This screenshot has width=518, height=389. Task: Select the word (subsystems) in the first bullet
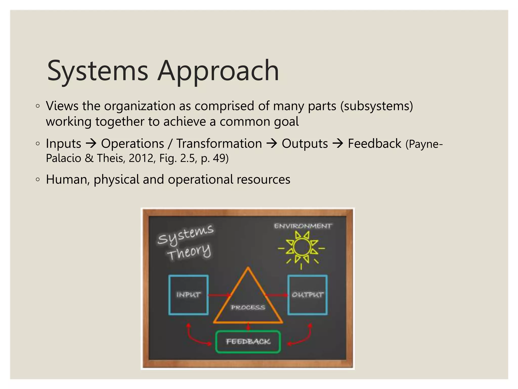click(377, 106)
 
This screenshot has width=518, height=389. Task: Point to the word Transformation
click(219, 144)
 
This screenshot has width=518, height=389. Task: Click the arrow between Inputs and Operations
click(91, 144)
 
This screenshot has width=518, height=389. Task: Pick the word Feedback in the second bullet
click(374, 144)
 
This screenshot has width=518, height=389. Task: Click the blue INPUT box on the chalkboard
click(188, 295)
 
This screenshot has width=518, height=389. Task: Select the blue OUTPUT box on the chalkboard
click(307, 295)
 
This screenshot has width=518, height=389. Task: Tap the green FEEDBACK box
click(248, 342)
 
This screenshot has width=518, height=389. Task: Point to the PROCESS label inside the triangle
click(248, 307)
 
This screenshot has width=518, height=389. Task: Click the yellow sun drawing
click(301, 247)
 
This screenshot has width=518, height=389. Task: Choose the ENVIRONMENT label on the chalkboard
click(303, 226)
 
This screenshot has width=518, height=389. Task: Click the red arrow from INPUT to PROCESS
click(219, 295)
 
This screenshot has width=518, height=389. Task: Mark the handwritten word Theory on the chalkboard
click(189, 252)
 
